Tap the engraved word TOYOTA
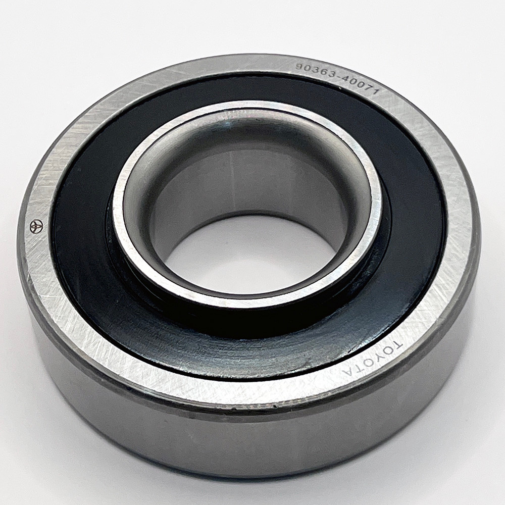(374, 357)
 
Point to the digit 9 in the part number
(299, 67)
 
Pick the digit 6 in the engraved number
(322, 72)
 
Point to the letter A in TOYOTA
(349, 371)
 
